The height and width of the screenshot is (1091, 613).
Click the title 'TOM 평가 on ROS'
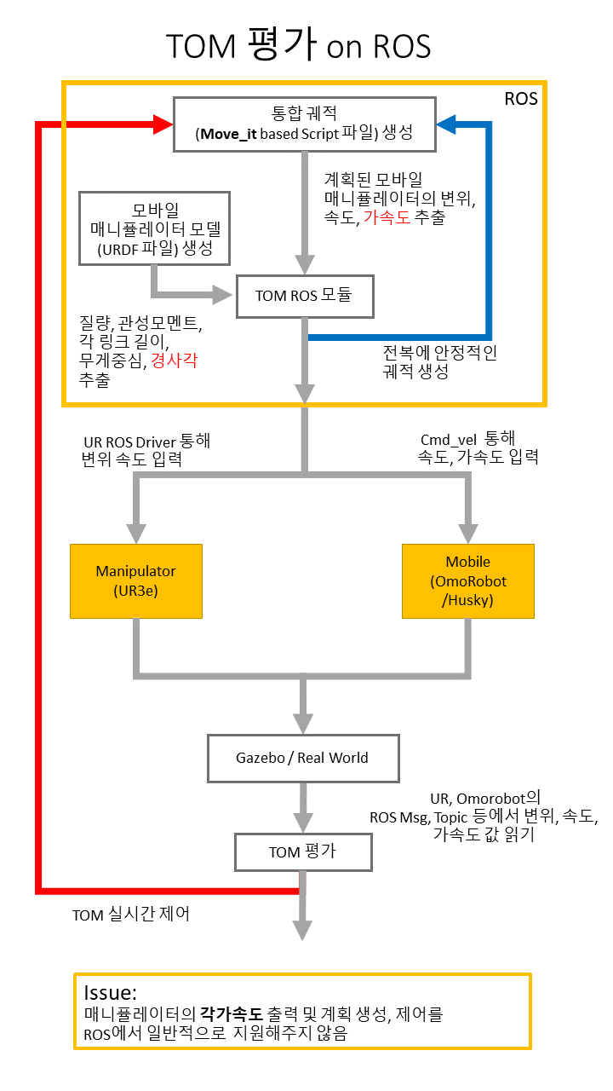coord(299,45)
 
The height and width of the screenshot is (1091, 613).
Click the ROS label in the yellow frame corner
coord(521,99)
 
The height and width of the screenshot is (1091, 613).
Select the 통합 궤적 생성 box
coord(304,124)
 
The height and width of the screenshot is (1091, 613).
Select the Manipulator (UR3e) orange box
coord(135,580)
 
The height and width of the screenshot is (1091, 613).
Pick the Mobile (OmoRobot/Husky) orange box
coord(467,580)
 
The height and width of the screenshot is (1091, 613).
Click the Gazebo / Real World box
coord(302,758)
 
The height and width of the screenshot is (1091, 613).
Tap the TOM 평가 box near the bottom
coord(302,851)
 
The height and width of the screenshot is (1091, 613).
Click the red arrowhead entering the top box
coord(163,124)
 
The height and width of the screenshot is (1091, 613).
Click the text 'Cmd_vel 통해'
coord(467,439)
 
